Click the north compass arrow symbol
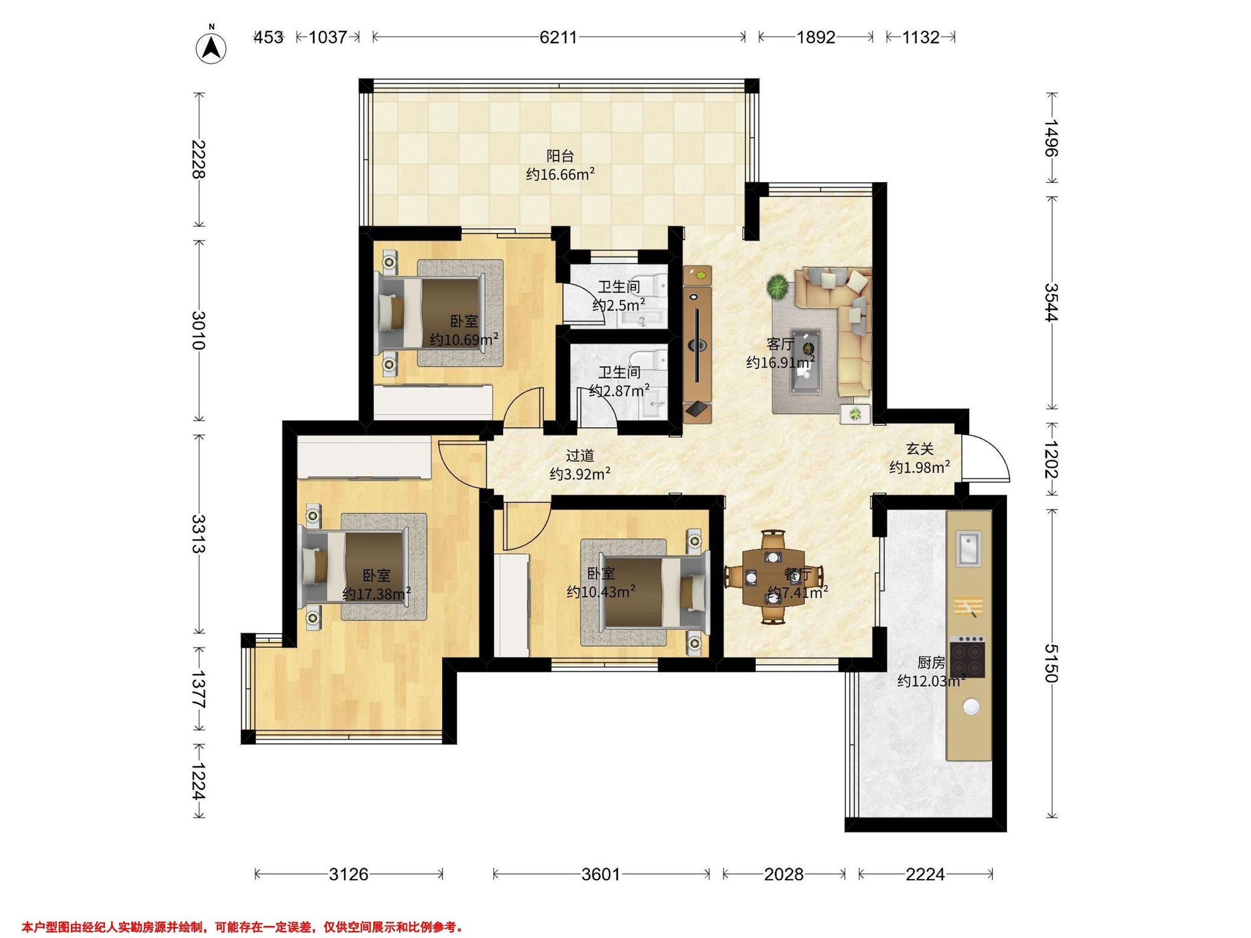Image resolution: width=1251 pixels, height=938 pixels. tap(211, 48)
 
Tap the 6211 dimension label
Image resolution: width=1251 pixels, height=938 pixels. tap(558, 38)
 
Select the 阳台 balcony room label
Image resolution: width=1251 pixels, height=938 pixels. tap(560, 155)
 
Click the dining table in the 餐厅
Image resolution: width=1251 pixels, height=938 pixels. tap(772, 577)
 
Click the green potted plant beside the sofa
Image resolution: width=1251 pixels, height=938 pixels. tap(779, 287)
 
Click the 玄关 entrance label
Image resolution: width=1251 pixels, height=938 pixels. tap(919, 449)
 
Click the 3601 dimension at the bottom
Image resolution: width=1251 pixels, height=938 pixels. tap(601, 874)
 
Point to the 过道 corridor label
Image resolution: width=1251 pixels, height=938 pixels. tap(580, 455)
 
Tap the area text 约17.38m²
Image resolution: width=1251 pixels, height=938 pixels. tap(376, 594)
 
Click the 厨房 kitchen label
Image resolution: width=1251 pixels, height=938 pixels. tap(931, 662)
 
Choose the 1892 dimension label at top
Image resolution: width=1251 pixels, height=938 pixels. tap(816, 38)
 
